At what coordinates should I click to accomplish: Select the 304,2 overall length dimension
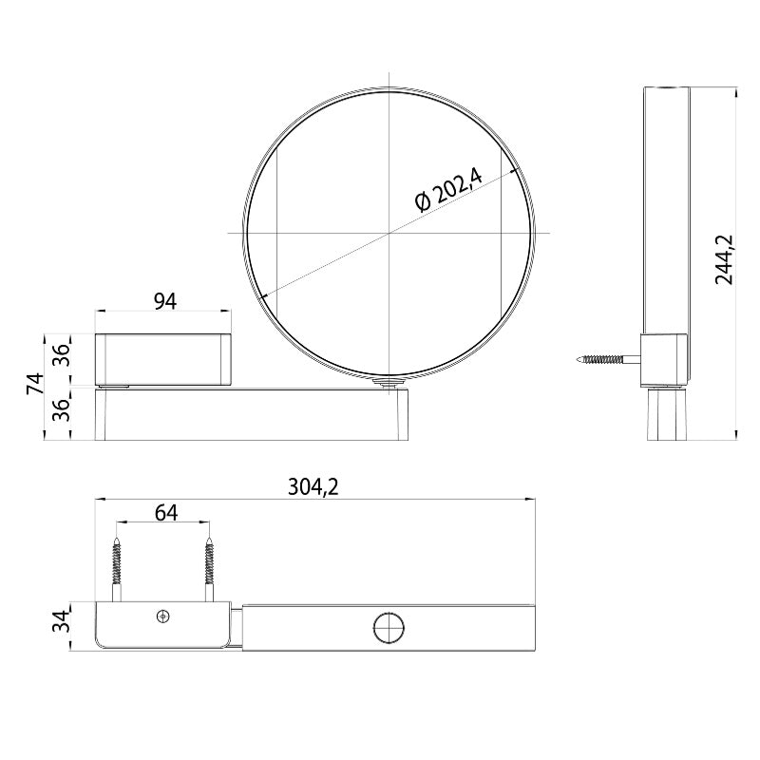pos(313,486)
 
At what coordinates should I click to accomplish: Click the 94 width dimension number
pos(164,301)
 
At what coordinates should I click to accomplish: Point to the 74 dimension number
pos(35,385)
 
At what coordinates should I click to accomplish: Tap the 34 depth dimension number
pos(59,624)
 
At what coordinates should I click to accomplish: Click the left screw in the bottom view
pos(118,568)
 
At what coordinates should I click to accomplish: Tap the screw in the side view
pos(606,360)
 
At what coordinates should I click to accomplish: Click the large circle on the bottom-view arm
pos(388,628)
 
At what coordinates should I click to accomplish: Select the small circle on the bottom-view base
pos(162,617)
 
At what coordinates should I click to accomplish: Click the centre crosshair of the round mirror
pos(389,232)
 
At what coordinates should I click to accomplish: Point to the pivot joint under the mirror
pos(387,383)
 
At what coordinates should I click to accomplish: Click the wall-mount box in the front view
pos(163,359)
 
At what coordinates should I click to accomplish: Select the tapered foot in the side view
pos(665,414)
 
